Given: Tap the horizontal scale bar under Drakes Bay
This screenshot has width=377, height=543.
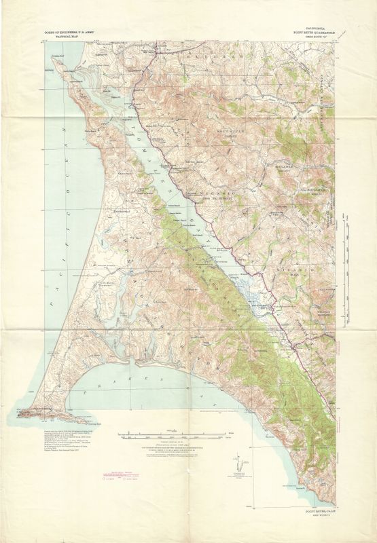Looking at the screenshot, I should point(173,434).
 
